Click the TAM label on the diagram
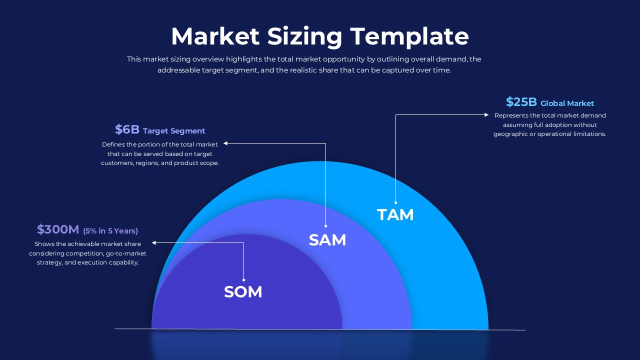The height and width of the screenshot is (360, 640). [395, 214]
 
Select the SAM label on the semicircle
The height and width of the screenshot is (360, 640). [327, 240]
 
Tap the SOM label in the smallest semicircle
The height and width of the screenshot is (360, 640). [243, 291]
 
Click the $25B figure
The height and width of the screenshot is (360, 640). [521, 102]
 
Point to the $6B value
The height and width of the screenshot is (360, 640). [127, 129]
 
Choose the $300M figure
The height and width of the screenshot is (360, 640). [58, 229]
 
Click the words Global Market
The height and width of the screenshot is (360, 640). [567, 103]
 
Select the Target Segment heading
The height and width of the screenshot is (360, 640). [174, 131]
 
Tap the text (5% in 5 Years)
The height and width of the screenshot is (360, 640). [110, 231]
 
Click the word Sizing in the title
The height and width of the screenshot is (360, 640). [304, 36]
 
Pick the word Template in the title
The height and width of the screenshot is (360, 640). [409, 36]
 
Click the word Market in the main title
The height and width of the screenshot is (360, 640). [215, 36]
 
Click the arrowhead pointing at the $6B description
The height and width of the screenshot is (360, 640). [225, 143]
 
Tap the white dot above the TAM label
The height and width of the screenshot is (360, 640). [395, 202]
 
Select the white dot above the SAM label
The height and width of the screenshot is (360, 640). [325, 226]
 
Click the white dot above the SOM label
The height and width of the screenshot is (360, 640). [243, 279]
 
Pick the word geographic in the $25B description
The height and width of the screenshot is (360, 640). [511, 134]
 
